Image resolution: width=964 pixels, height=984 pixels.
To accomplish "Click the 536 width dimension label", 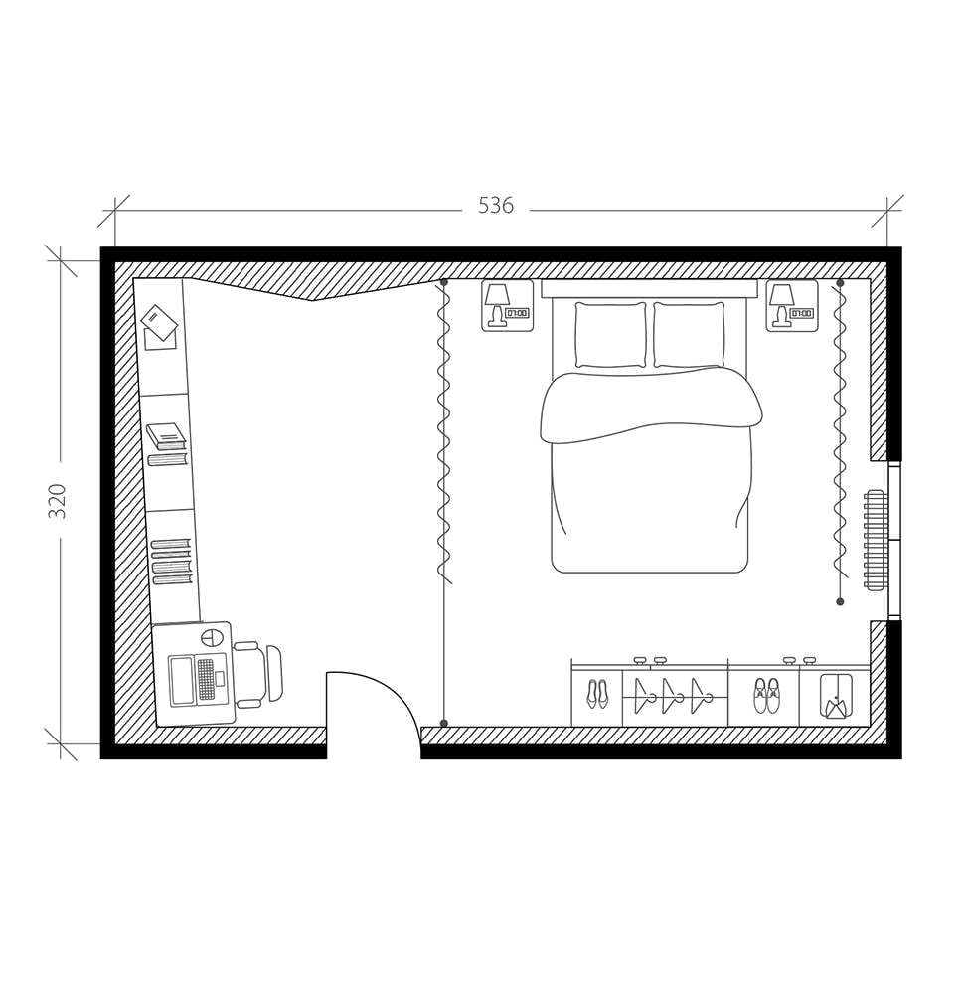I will pos(496,206).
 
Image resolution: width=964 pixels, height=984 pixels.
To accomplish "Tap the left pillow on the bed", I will pos(610,335).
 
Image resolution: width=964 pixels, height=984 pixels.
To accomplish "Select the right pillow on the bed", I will pos(689,335).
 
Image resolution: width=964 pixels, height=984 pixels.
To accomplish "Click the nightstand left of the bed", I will pos(507,305).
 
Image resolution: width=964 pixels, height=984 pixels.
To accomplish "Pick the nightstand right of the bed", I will pos(791,305).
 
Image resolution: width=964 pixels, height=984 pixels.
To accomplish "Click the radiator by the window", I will pos(875,540).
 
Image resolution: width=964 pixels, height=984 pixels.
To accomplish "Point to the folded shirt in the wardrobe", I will pos(835,696).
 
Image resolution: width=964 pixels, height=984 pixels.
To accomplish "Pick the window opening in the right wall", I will pos(893,541).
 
